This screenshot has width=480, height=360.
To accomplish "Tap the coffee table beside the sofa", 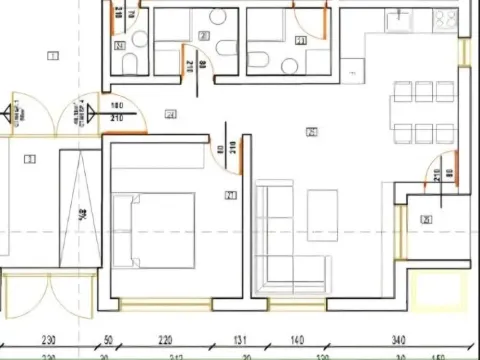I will pos(322,213).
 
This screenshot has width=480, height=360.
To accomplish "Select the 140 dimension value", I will pos(297,340).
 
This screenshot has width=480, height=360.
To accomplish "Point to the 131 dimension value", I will pos(240,340).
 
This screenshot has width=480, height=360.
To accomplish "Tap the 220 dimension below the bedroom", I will pos(165,340).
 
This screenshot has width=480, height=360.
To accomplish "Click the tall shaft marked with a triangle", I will pos(80,215).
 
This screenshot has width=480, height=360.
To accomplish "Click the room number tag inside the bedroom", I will pos(230,195).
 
